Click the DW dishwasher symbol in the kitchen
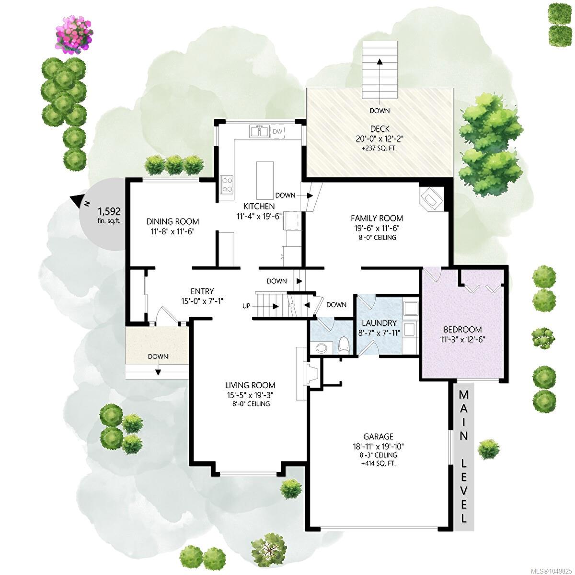coord(277,132)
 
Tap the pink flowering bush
coord(75,39)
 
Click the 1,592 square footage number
coord(109,211)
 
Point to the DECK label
coord(379,129)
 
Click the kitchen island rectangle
coord(265,181)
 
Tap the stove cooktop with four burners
coord(227,184)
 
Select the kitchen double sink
coord(259,131)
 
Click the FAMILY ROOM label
coord(377,218)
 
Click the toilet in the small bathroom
coord(344,345)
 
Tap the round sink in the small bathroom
coord(322,347)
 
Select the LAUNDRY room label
coord(379,323)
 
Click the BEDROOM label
coord(463,329)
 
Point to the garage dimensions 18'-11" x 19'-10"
coord(379,447)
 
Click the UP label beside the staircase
coord(246,306)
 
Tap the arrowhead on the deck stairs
coord(379,62)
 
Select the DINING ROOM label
coord(172,221)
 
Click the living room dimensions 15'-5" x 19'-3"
coord(250,395)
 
